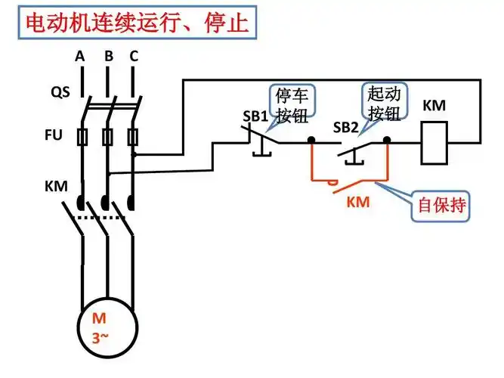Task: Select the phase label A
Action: pyautogui.click(x=80, y=56)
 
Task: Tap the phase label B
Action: pyautogui.click(x=108, y=56)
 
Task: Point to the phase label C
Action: pyautogui.click(x=134, y=56)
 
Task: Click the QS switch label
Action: pyautogui.click(x=60, y=92)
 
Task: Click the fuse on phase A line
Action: pyautogui.click(x=82, y=137)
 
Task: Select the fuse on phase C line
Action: pyautogui.click(x=134, y=137)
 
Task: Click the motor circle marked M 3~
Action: pyautogui.click(x=107, y=327)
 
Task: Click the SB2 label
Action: pyautogui.click(x=345, y=127)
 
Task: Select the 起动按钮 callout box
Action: pyautogui.click(x=385, y=103)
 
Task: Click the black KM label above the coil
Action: pyautogui.click(x=434, y=106)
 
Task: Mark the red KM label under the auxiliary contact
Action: pyautogui.click(x=358, y=202)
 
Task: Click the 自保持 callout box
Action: pyautogui.click(x=441, y=205)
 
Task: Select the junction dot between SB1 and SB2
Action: pyautogui.click(x=311, y=141)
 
